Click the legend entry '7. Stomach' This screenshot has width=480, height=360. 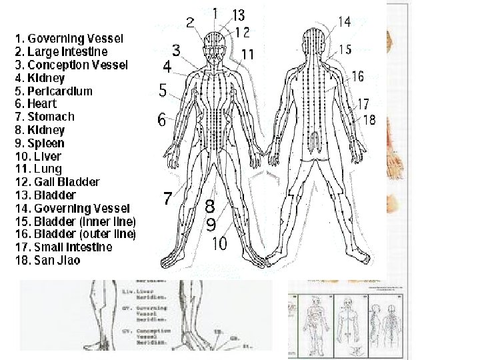click(45, 117)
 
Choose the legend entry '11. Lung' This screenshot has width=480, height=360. click(41, 169)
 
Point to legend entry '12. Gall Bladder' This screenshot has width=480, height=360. click(57, 182)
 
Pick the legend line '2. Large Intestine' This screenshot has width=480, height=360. click(61, 51)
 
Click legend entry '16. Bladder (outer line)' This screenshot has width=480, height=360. click(75, 234)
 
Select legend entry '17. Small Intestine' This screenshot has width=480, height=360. click(63, 247)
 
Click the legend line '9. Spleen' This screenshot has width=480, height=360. click(39, 143)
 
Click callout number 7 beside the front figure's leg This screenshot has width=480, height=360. click(169, 198)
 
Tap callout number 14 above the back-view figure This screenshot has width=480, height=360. click(344, 22)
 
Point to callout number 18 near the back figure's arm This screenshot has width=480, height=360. click(369, 119)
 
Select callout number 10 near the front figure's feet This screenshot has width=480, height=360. click(219, 243)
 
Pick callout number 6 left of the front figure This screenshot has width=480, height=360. click(162, 120)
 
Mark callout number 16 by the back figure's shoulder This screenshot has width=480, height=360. click(357, 76)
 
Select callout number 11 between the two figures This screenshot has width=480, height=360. click(247, 54)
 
